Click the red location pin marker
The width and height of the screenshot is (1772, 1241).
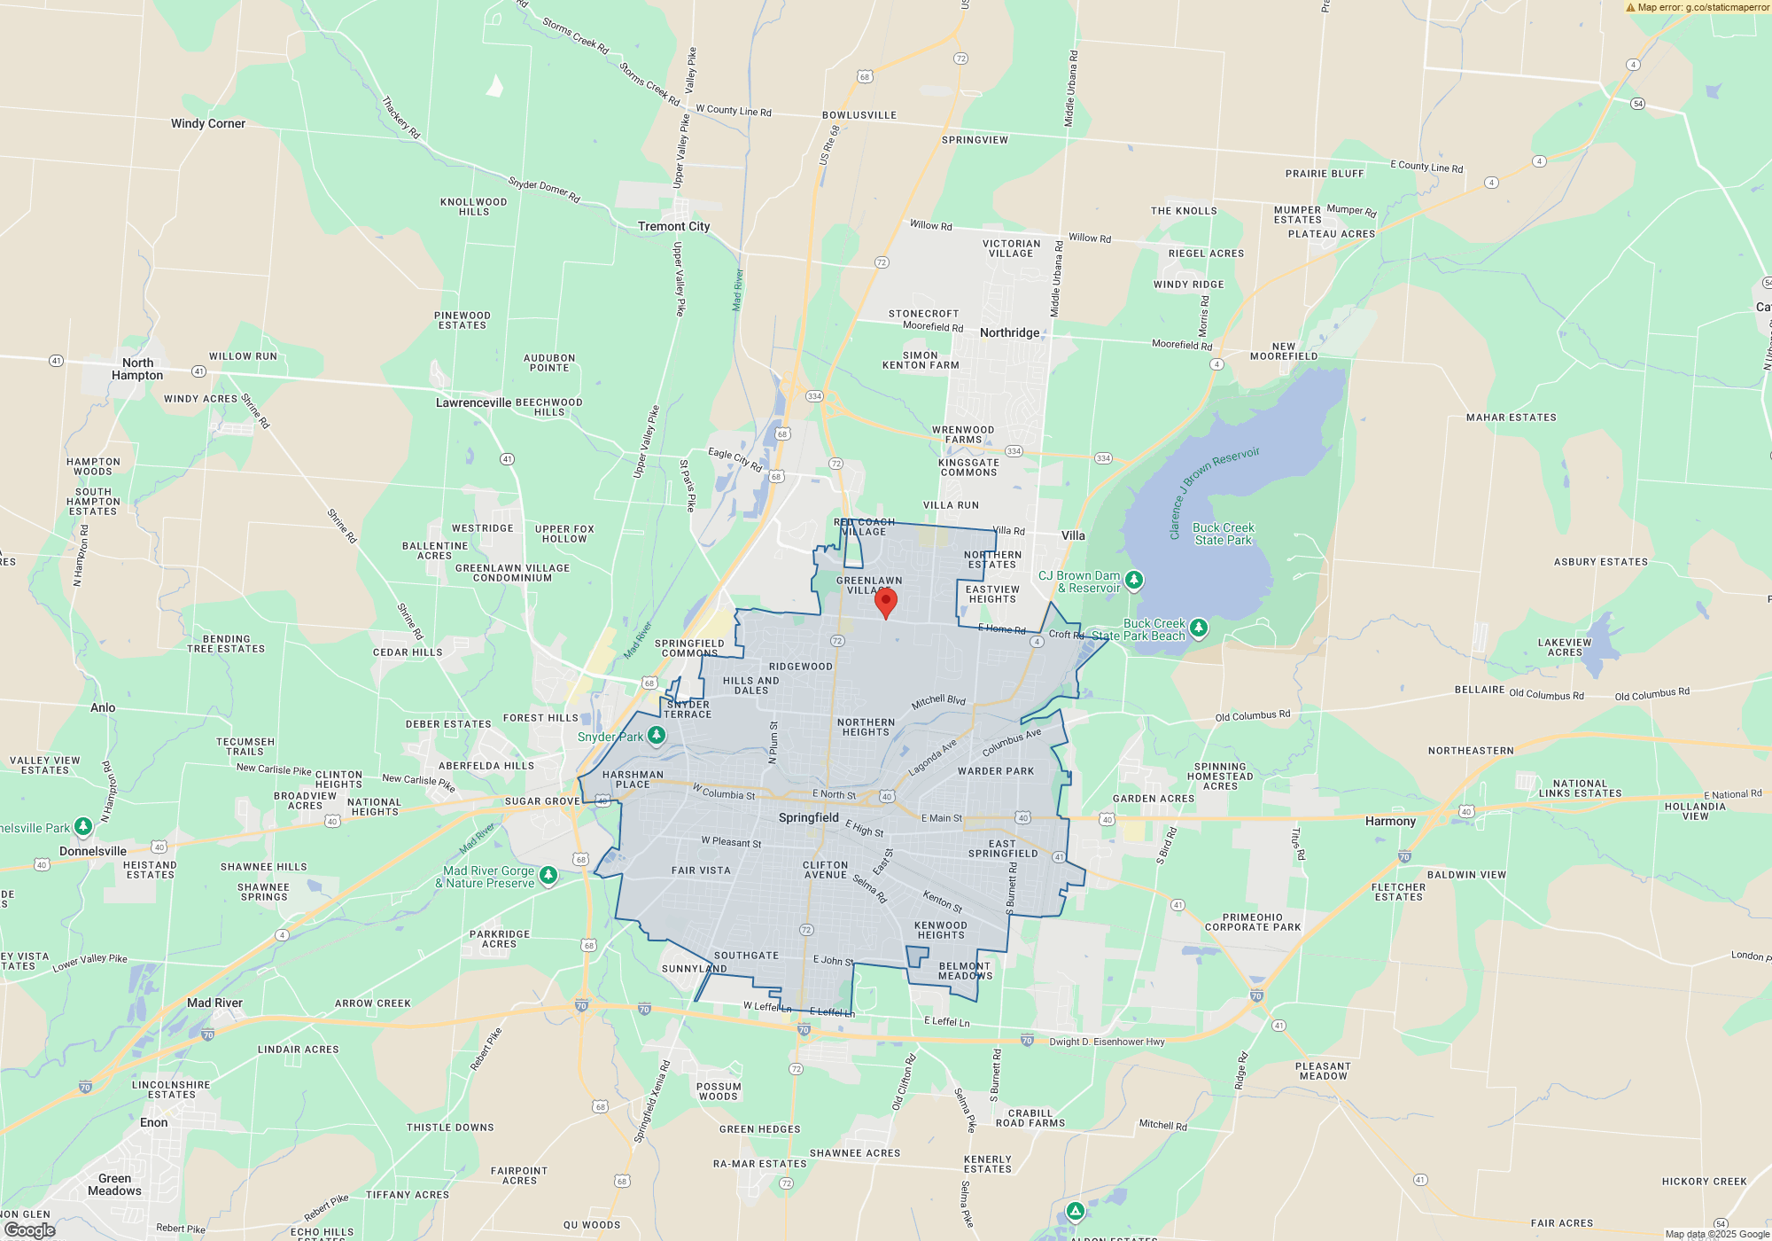pyautogui.click(x=885, y=603)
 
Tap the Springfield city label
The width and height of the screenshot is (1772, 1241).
pyautogui.click(x=808, y=817)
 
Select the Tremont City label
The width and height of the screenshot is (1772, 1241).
pyautogui.click(x=673, y=226)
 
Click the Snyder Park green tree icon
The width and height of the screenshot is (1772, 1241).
pyautogui.click(x=657, y=735)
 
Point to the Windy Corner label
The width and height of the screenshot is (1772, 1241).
pyautogui.click(x=207, y=123)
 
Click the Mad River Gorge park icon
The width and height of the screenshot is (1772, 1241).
pyautogui.click(x=548, y=876)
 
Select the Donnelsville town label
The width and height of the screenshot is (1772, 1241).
pyautogui.click(x=93, y=851)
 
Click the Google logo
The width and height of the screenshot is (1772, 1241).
pyautogui.click(x=30, y=1229)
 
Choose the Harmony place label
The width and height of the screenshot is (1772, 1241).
pyautogui.click(x=1390, y=821)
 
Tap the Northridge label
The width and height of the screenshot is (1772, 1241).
pyautogui.click(x=1009, y=332)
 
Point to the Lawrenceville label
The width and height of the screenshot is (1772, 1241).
pyautogui.click(x=473, y=402)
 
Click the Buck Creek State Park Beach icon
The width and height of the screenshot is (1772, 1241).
pyautogui.click(x=1199, y=628)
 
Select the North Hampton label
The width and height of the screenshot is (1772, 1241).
pyautogui.click(x=137, y=369)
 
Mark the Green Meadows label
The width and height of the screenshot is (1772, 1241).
pyautogui.click(x=114, y=1184)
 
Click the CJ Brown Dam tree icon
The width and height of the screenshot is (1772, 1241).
pyautogui.click(x=1134, y=581)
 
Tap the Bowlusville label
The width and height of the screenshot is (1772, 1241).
pyautogui.click(x=859, y=115)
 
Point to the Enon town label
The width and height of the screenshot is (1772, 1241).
pyautogui.click(x=153, y=1122)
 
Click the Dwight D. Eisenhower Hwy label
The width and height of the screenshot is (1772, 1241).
pyautogui.click(x=1107, y=1042)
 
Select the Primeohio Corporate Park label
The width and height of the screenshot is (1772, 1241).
pyautogui.click(x=1252, y=922)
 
